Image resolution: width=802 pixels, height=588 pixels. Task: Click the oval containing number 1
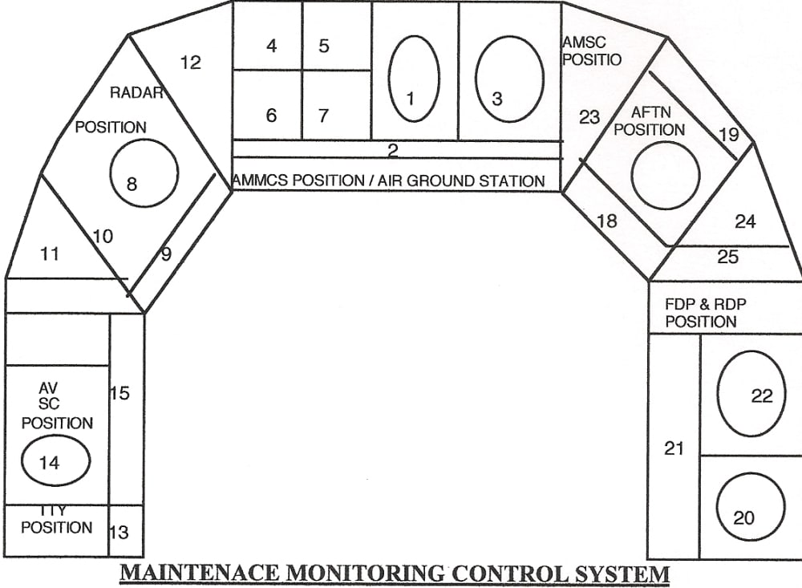pos(414,79)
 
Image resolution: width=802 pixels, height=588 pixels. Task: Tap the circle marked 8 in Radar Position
pos(144,172)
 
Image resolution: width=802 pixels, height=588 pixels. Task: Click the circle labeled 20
pos(750,505)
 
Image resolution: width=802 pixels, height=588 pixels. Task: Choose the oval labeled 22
pos(751,393)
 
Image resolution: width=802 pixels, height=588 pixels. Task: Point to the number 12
pos(191,62)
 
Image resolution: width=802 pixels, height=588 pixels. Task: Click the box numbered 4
pos(268,37)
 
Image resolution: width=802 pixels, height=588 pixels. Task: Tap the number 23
pos(589,117)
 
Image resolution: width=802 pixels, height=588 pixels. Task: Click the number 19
pos(728,134)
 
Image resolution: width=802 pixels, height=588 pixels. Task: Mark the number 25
pos(728,258)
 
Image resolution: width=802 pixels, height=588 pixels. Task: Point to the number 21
pos(674,448)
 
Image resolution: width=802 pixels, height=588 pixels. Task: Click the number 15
pos(119,394)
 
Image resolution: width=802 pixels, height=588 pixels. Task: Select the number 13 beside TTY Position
pos(118,531)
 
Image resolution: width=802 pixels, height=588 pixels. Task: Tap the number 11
pos(50,254)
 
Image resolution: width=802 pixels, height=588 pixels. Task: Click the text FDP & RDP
pos(701,305)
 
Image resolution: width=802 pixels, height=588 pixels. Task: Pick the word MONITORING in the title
pos(365,574)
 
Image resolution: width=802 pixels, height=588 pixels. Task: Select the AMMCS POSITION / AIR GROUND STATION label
pos(389,180)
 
